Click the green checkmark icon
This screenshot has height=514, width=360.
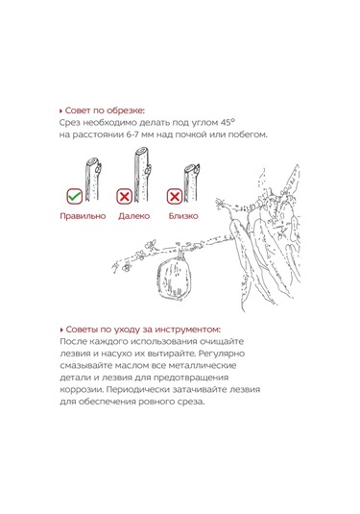coord(74,196)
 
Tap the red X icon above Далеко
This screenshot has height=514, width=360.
coord(125,196)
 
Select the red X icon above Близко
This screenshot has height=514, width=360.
coord(175,196)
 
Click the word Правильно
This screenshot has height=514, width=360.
coord(83,216)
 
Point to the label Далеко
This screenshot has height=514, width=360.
coord(134,216)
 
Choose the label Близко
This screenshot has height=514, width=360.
coord(183,216)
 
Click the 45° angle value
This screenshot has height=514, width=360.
coord(228,122)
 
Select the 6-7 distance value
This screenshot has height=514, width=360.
coord(132,135)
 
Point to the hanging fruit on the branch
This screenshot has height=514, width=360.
coord(172,279)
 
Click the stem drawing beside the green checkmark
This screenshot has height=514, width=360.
coord(93,180)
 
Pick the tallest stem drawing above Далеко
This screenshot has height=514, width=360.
coord(142,174)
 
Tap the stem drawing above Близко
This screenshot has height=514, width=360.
coord(191,183)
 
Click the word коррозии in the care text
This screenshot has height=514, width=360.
coord(82,390)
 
